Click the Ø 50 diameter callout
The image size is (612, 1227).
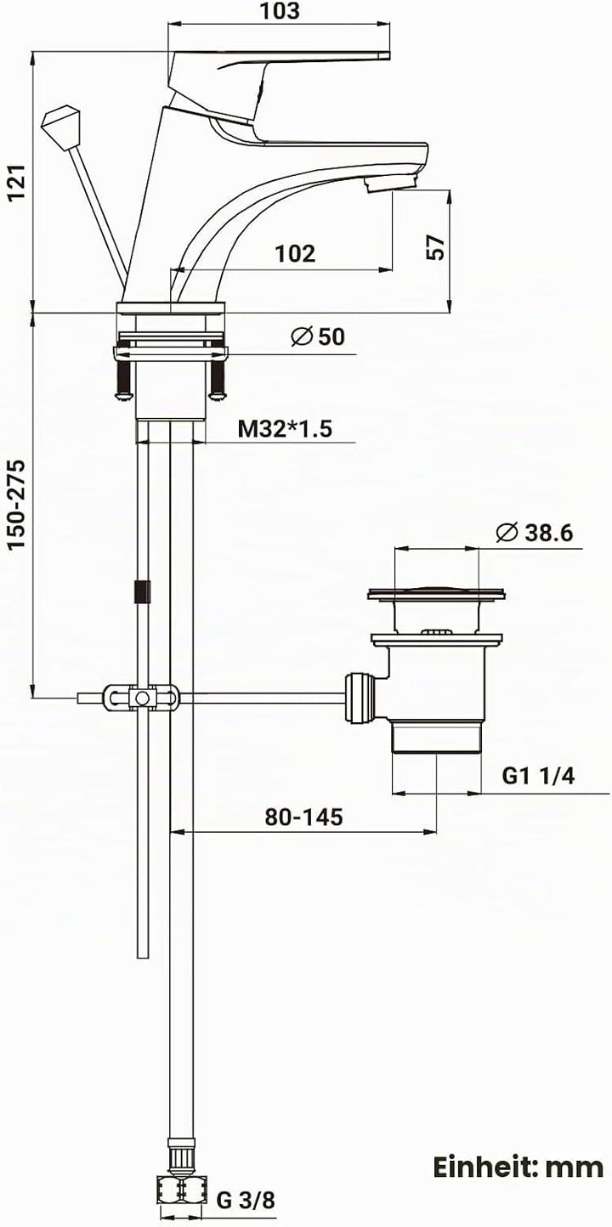coord(318,336)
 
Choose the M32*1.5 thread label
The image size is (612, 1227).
coord(285,429)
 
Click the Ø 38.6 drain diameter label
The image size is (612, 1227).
coord(534,532)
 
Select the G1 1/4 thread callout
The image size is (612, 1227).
coord(539,776)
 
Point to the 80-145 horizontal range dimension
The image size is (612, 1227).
coord(303,817)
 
